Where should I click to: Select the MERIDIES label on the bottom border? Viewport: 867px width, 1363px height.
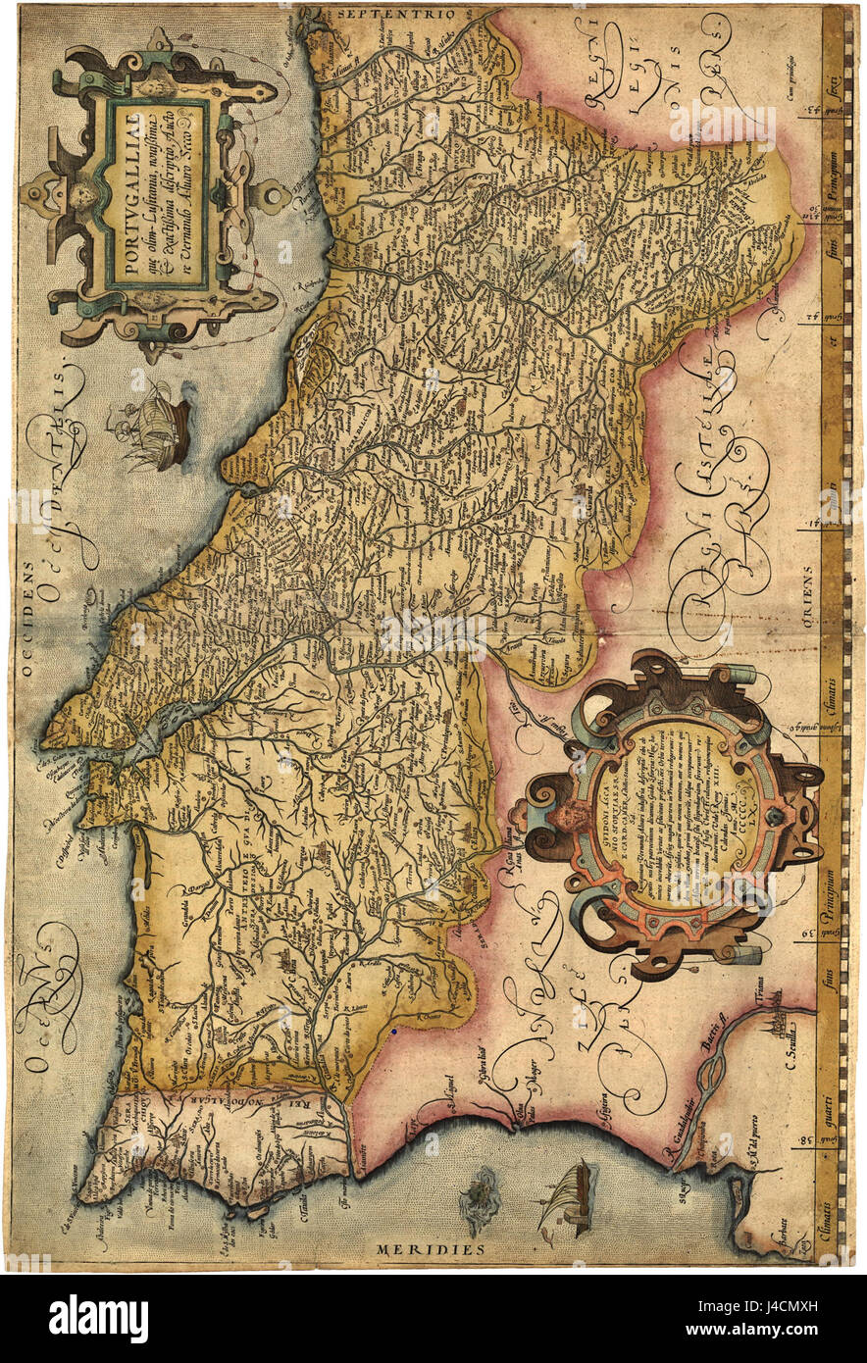coord(431,1249)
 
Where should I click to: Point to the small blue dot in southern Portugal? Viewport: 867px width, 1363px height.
coord(391,1033)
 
